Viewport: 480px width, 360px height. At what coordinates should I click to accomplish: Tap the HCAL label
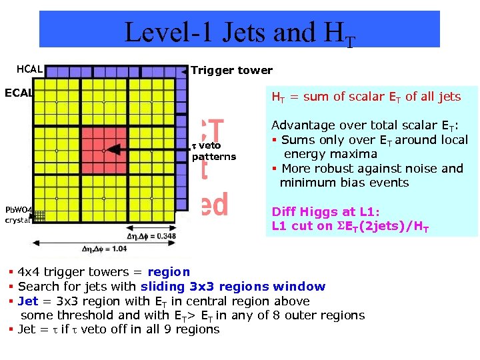pos(29,69)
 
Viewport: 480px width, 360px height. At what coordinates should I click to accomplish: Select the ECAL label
pos(19,92)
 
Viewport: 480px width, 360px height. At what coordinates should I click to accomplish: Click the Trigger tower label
pos(231,70)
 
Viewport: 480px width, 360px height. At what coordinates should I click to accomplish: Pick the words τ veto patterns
pos(213,151)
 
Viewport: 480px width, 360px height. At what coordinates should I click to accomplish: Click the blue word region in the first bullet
pos(169,272)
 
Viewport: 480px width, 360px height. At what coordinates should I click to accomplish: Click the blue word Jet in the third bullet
pos(28,301)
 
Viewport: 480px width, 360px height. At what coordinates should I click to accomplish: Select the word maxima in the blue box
pos(355,154)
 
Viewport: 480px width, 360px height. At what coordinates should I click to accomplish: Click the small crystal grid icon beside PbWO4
pos(39,215)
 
